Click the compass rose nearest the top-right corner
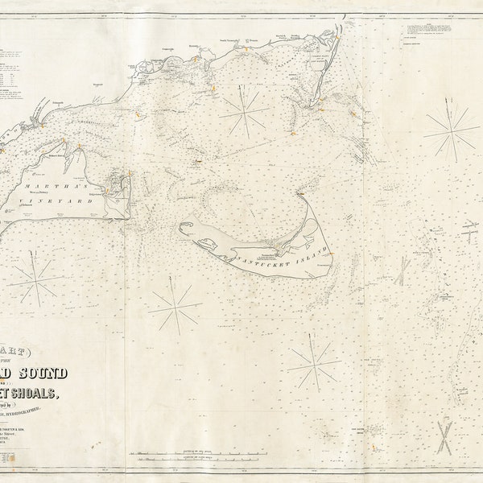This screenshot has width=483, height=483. (452, 129)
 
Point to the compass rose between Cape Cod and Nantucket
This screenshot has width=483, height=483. (245, 111)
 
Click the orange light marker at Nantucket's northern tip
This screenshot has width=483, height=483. (300, 193)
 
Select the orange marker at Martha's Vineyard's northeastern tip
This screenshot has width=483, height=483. (79, 147)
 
